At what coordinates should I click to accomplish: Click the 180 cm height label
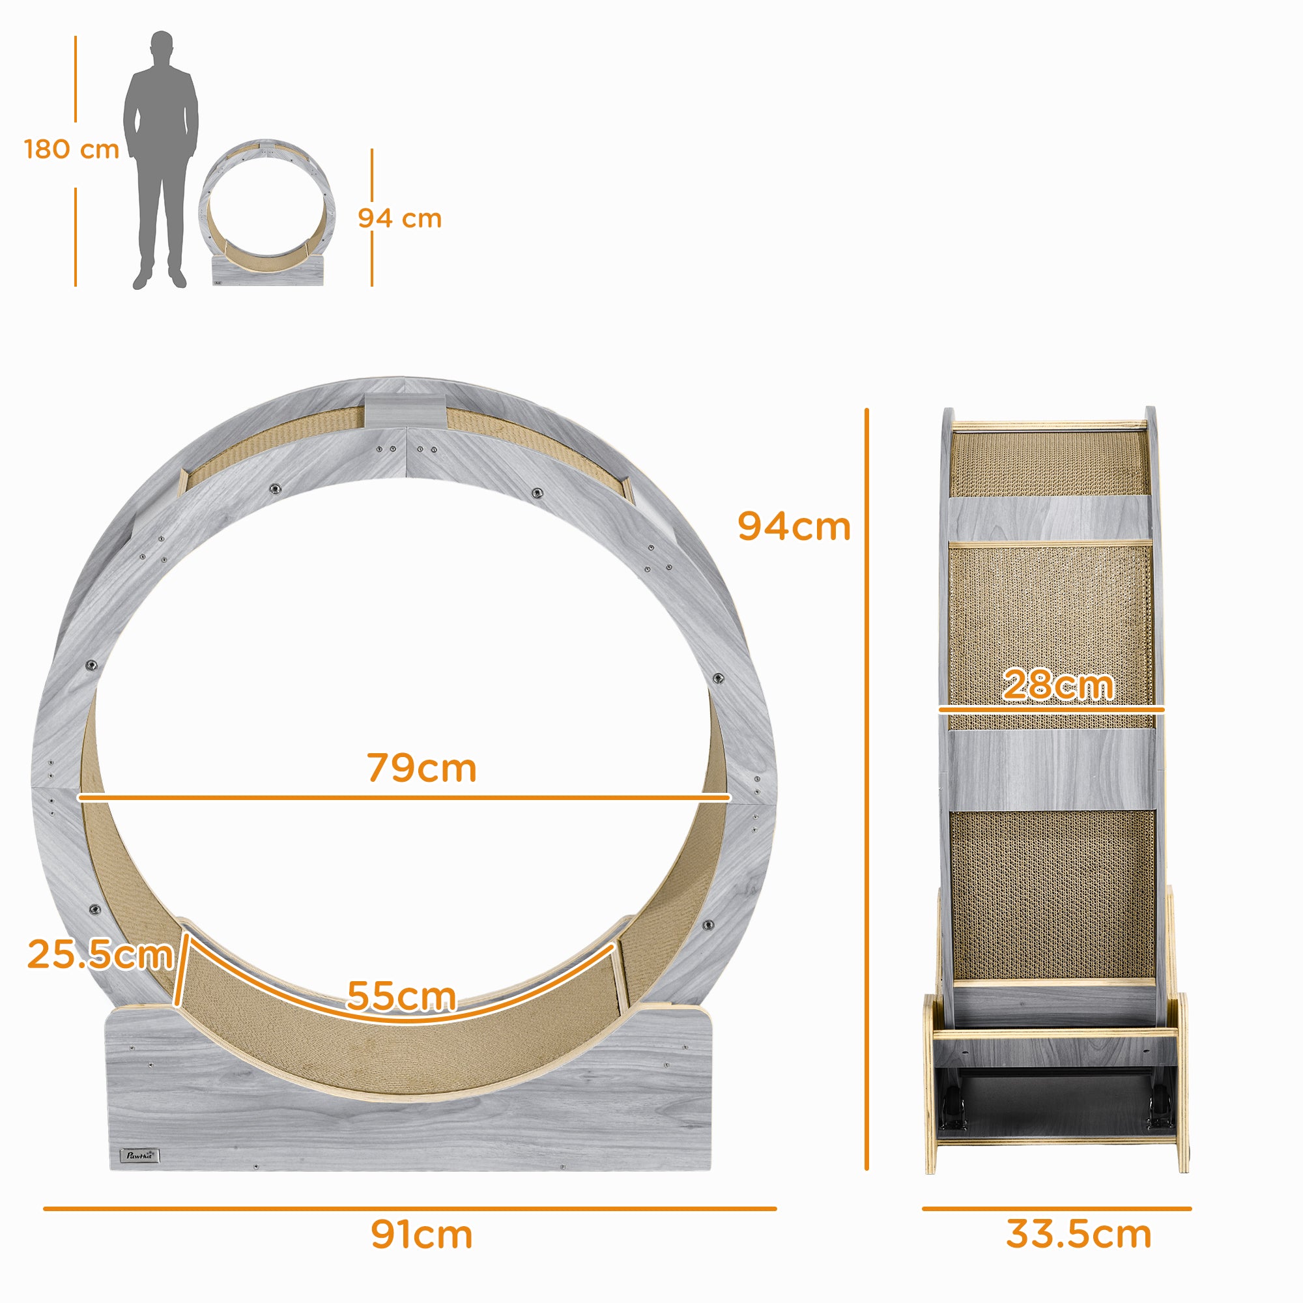pos(72,150)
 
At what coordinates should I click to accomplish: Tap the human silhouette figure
pos(160,162)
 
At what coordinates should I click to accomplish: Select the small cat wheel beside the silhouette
pos(267,212)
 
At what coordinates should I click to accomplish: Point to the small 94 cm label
pos(399,218)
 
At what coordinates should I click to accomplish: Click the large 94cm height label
pos(794,526)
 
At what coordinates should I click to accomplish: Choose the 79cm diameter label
pos(422,767)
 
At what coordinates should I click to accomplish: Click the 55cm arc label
pos(401,995)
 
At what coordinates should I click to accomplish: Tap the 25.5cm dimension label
pos(100,954)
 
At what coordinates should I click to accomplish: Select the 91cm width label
pos(422,1234)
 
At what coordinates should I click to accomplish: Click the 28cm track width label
pos(1057,685)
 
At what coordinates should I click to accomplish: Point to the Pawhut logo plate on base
pos(139,1155)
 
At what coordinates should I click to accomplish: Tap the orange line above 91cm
pos(409,1209)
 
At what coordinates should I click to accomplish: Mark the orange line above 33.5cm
pos(1056,1209)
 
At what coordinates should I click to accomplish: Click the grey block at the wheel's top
pos(405,410)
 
